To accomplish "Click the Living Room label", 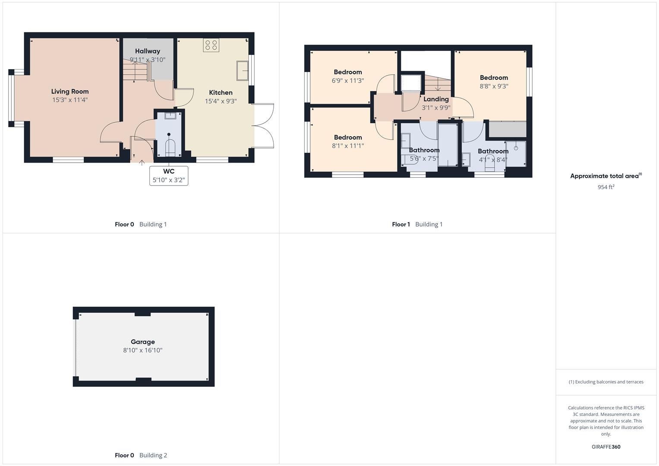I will click(70, 91).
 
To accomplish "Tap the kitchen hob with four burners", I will click(211, 45).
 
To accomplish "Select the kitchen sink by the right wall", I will click(242, 71).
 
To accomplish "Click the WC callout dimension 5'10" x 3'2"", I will click(169, 180).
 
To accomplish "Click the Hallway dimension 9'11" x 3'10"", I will click(148, 60).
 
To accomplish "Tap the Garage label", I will click(143, 342).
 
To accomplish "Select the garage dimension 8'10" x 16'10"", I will click(143, 350).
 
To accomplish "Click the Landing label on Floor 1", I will click(436, 99).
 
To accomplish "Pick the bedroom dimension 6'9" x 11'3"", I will click(348, 81).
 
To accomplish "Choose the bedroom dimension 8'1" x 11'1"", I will click(348, 146).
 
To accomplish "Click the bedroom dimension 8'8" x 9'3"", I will click(494, 86).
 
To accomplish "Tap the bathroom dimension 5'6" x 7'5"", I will click(424, 159).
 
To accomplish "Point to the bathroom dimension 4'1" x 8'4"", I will click(493, 160).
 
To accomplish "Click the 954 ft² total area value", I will click(606, 187).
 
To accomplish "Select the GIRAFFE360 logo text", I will click(606, 447).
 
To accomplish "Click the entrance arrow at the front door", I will click(142, 163).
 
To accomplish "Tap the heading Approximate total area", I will click(605, 176).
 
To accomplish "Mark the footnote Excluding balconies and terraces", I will click(606, 382).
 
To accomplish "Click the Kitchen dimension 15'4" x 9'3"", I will click(221, 101).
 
